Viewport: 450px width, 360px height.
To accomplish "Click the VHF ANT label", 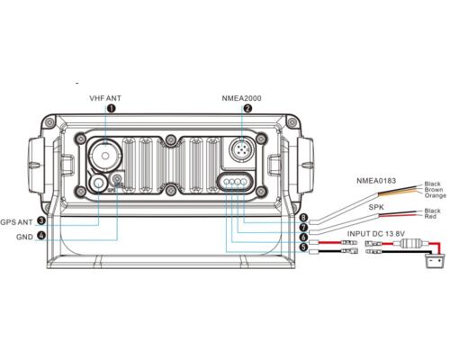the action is pyautogui.click(x=105, y=98).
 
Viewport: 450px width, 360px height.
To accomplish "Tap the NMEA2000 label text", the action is pyautogui.click(x=241, y=98).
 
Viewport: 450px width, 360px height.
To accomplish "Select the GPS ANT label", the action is pyautogui.click(x=16, y=222).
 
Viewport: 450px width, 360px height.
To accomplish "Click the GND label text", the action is pyautogui.click(x=24, y=237).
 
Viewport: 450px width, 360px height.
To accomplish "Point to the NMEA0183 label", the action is pyautogui.click(x=376, y=181).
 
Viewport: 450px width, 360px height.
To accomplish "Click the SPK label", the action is pyautogui.click(x=376, y=207).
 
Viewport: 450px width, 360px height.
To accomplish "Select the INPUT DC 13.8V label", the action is pyautogui.click(x=376, y=234).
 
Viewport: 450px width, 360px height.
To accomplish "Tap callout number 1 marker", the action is pyautogui.click(x=112, y=108).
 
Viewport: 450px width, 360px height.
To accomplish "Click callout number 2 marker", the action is pyautogui.click(x=247, y=108).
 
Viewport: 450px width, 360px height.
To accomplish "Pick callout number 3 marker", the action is pyautogui.click(x=41, y=220).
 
